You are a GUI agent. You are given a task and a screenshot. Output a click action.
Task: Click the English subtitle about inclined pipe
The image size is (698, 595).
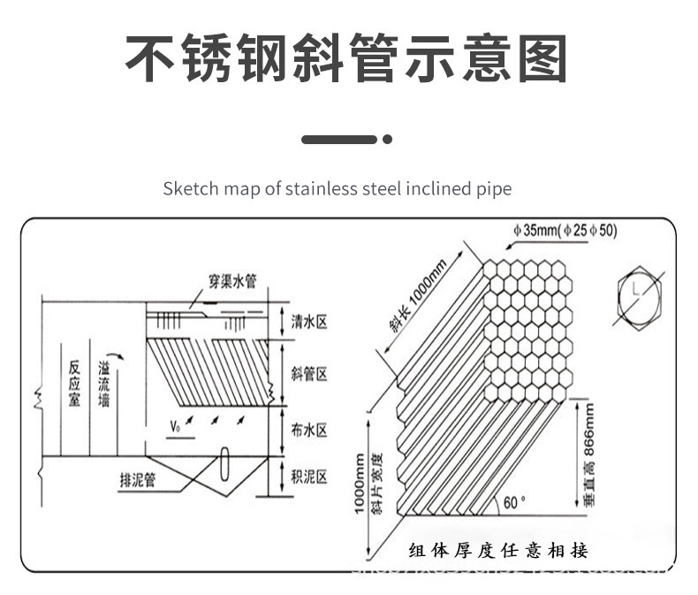coord(338,188)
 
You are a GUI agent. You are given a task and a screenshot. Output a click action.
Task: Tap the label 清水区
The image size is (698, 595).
coord(309,322)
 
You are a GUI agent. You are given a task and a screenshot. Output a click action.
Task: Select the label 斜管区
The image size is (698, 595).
coord(309,375)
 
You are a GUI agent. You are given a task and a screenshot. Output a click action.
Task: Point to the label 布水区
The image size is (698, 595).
coord(309,431)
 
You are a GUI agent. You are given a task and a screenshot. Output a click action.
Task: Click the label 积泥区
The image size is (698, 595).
coord(309,477)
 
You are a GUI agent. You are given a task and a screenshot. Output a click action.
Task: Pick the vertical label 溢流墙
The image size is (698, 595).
coord(104,387)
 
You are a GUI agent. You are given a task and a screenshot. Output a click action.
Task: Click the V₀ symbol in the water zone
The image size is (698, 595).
coord(176,429)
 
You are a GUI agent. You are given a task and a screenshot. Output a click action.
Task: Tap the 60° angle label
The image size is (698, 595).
coord(514,502)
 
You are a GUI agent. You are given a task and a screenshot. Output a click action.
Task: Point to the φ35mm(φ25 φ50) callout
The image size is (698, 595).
coord(565,232)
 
